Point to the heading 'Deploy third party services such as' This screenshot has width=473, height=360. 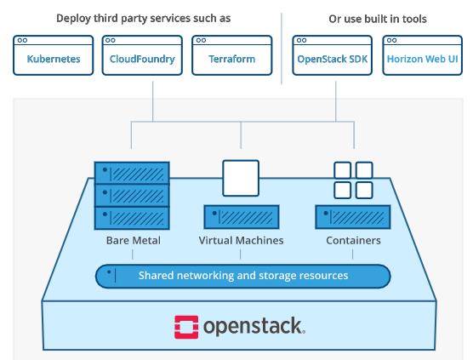pyautogui.click(x=143, y=18)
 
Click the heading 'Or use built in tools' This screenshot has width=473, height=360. pyautogui.click(x=378, y=18)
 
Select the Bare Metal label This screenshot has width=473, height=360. pyautogui.click(x=134, y=241)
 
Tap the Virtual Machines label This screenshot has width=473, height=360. pyautogui.click(x=241, y=241)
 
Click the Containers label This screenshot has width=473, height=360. pyautogui.click(x=353, y=241)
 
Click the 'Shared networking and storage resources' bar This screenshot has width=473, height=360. pyautogui.click(x=242, y=276)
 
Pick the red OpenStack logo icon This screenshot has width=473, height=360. pyautogui.click(x=186, y=325)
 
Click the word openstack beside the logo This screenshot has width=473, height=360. pyautogui.click(x=253, y=325)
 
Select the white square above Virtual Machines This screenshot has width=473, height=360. pyautogui.click(x=241, y=178)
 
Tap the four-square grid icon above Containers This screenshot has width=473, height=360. pyautogui.click(x=353, y=179)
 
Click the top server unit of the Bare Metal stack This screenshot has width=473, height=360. pyautogui.click(x=133, y=171)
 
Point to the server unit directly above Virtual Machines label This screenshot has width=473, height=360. pyautogui.click(x=241, y=216)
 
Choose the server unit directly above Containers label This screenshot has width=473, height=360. pyautogui.click(x=353, y=216)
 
